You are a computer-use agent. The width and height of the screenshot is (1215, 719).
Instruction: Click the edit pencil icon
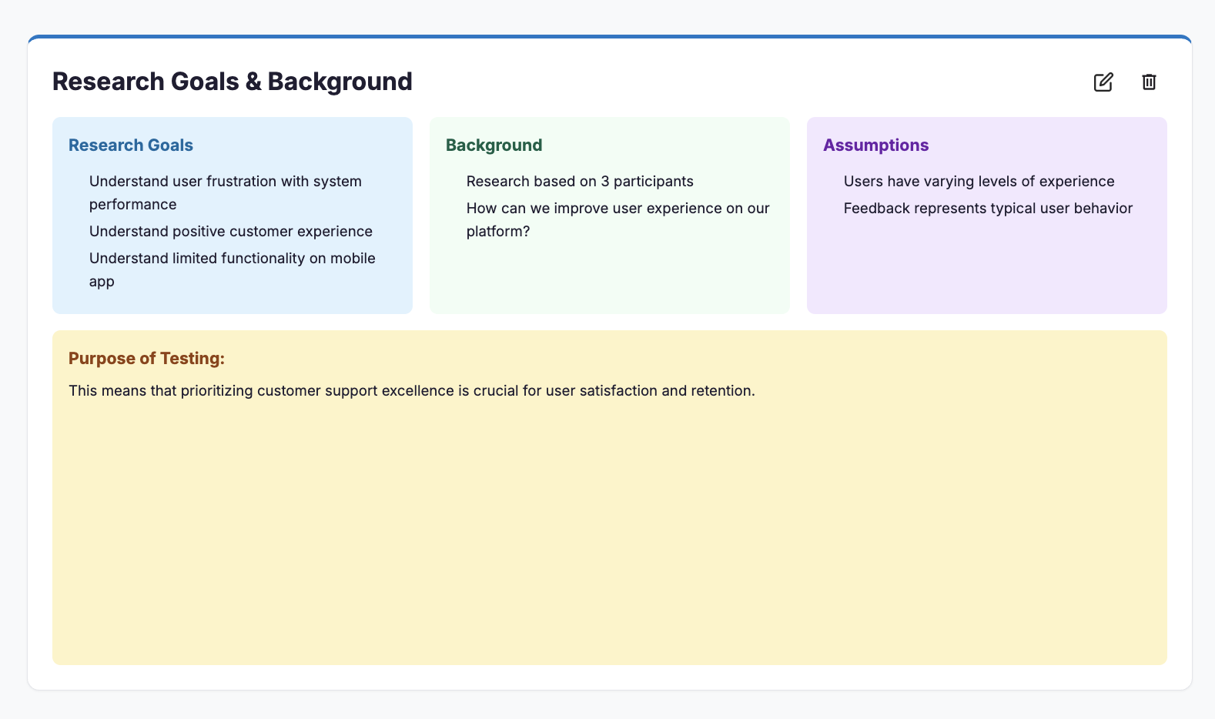click(1103, 82)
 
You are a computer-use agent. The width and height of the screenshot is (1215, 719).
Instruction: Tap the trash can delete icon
click(1149, 82)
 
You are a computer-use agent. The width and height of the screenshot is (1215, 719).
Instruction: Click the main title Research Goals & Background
click(232, 82)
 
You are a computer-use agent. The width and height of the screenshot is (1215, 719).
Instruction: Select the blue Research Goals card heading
click(131, 145)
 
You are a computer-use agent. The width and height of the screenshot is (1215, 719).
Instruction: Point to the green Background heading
click(494, 145)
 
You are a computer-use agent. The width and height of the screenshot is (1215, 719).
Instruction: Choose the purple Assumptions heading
click(875, 145)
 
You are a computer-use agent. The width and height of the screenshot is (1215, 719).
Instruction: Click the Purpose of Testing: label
click(146, 359)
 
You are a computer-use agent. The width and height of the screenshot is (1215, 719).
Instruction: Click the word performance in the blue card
click(132, 205)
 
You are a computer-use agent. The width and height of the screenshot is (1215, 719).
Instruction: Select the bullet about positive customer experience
click(230, 232)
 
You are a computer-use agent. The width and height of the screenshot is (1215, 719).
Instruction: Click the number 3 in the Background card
click(605, 182)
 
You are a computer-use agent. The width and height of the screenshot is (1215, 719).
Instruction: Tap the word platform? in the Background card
click(497, 232)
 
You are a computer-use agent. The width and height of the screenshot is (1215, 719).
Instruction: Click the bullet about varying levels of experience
click(979, 182)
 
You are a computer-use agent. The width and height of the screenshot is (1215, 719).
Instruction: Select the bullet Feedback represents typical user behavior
click(988, 209)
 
